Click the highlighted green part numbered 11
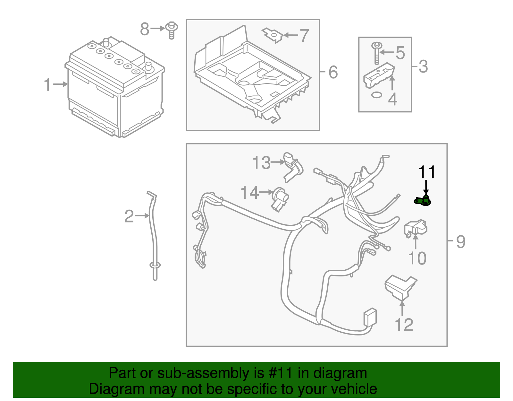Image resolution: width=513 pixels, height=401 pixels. (x=423, y=201)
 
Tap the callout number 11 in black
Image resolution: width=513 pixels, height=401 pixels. (x=427, y=172)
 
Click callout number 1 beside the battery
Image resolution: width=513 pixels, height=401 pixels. (x=47, y=85)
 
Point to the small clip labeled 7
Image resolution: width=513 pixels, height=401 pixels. (x=273, y=35)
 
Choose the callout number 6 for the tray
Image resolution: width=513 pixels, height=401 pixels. (x=333, y=72)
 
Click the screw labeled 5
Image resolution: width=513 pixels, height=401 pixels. (x=377, y=53)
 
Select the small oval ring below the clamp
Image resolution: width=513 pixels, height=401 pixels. (x=376, y=95)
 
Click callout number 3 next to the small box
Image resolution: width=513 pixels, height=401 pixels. (x=423, y=66)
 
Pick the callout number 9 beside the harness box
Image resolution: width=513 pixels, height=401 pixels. (x=460, y=241)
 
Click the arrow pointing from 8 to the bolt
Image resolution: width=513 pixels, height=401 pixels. (x=158, y=29)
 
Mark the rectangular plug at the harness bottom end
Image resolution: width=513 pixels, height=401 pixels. (x=370, y=317)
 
